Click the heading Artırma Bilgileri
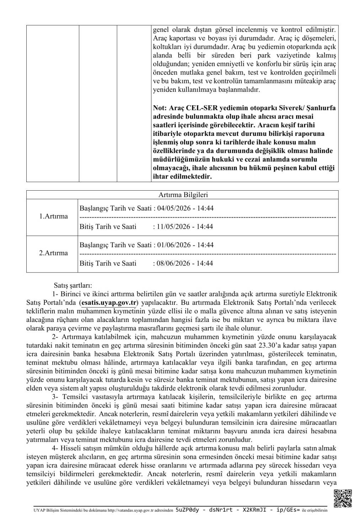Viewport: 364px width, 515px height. [x=183, y=195]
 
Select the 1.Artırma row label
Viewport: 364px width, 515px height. [x=53, y=216]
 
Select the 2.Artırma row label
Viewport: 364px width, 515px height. [x=53, y=253]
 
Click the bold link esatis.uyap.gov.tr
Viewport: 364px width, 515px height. [x=109, y=303]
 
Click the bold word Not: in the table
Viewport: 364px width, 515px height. [x=160, y=108]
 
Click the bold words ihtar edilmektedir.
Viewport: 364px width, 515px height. [x=182, y=176]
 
